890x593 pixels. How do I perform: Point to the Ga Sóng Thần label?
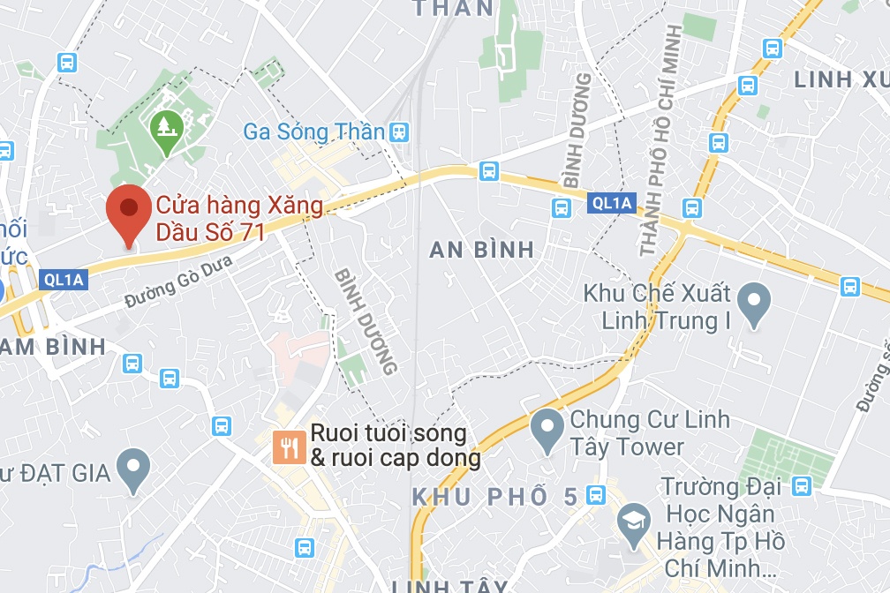coord(314,132)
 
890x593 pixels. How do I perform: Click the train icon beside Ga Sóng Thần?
coord(400,132)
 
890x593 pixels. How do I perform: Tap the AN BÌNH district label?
coord(481,250)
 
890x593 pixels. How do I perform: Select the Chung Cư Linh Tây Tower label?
coord(650,432)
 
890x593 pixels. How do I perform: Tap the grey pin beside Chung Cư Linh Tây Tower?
coord(547,431)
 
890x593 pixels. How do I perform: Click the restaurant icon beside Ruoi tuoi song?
coord(287,447)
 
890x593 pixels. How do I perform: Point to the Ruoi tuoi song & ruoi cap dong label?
coord(396,447)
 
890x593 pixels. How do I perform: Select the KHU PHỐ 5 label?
coord(494,497)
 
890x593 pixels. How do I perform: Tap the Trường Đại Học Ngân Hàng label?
coord(724,526)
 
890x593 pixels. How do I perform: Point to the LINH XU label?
coord(841,79)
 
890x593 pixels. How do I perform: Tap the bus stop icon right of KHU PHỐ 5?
coord(596,495)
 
